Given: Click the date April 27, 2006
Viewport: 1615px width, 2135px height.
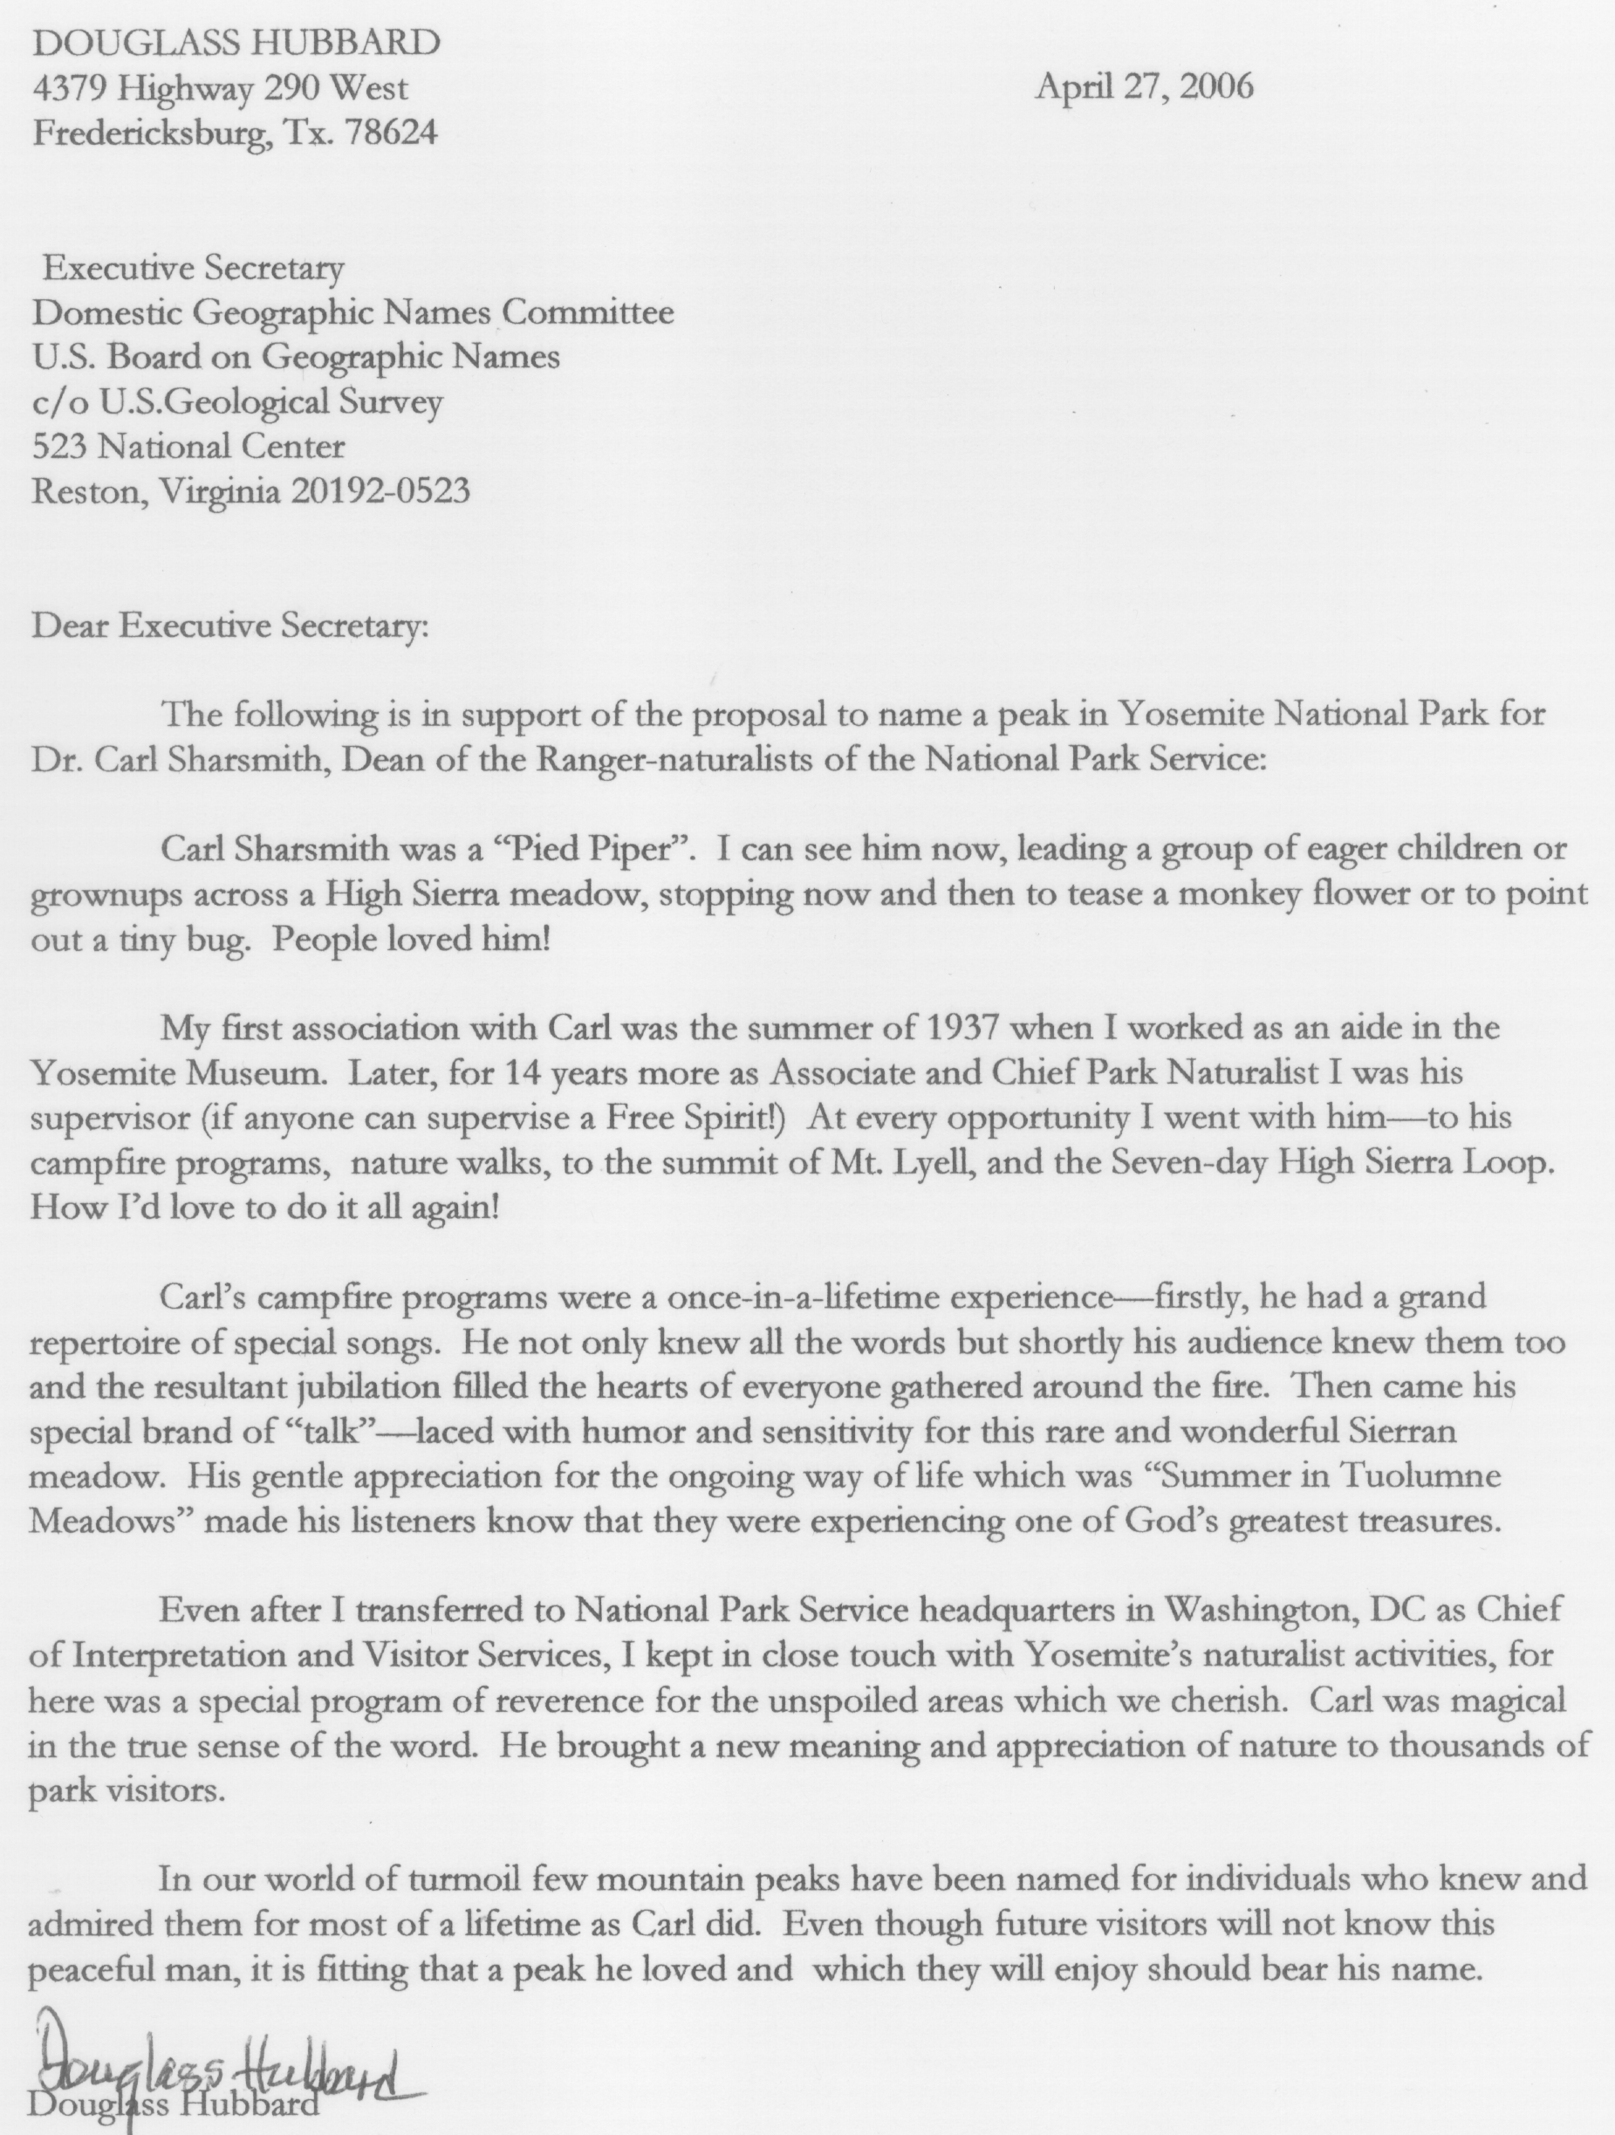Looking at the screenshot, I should point(1144,88).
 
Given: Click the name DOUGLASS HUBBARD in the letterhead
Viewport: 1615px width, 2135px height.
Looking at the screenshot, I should point(236,43).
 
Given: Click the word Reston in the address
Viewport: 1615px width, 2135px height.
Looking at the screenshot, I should point(88,491).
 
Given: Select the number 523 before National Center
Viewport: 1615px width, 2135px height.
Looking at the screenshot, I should point(61,446).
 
